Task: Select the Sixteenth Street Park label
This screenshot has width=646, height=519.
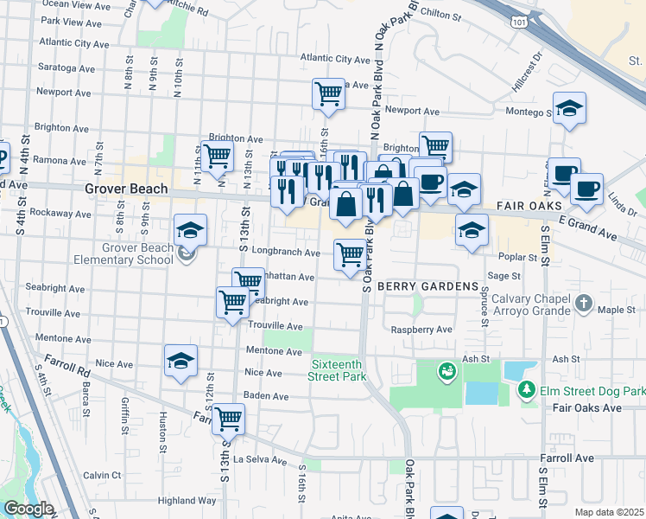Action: (339, 370)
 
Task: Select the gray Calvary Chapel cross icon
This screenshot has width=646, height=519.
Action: (585, 304)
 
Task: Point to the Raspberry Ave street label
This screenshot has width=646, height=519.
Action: (421, 330)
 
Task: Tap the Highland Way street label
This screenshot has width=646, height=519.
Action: (187, 500)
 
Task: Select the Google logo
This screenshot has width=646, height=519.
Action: (28, 509)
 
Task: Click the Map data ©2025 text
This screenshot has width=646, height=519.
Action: (610, 512)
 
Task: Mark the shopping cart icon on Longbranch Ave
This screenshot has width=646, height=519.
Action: (349, 254)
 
